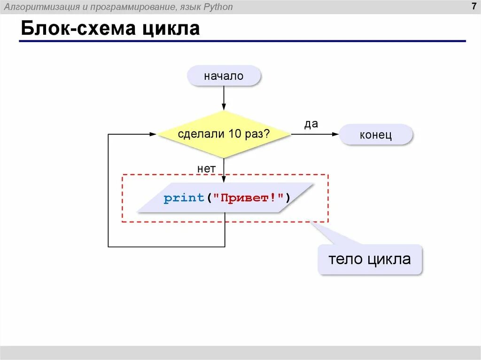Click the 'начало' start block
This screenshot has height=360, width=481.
click(x=224, y=76)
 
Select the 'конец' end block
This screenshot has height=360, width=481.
click(x=376, y=135)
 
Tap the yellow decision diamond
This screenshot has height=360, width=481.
click(x=224, y=134)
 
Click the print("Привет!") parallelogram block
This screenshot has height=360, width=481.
click(x=225, y=198)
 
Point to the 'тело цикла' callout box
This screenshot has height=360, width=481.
click(x=370, y=259)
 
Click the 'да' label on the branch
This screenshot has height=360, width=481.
click(x=311, y=124)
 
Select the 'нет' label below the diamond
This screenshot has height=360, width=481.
click(x=207, y=168)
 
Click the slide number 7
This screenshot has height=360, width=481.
click(x=473, y=7)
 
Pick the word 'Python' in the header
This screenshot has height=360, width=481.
click(x=217, y=7)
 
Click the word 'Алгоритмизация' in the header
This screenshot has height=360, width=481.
click(x=32, y=7)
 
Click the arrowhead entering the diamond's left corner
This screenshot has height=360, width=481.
click(x=153, y=134)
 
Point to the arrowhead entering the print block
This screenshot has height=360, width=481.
click(x=224, y=179)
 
